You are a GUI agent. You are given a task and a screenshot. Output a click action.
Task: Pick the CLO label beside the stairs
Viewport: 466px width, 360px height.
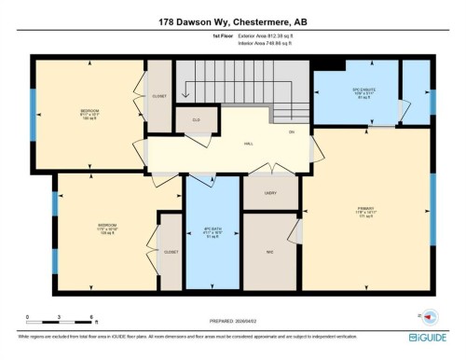(197, 120)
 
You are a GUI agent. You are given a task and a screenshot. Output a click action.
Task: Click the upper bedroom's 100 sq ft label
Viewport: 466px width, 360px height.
(89, 120)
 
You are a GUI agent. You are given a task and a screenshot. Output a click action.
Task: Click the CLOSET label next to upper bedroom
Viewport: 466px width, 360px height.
(159, 94)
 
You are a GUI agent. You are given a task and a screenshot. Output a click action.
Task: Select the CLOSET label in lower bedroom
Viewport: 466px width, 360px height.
(171, 252)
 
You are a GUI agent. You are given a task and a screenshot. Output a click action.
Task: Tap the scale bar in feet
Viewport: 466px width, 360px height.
(59, 322)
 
